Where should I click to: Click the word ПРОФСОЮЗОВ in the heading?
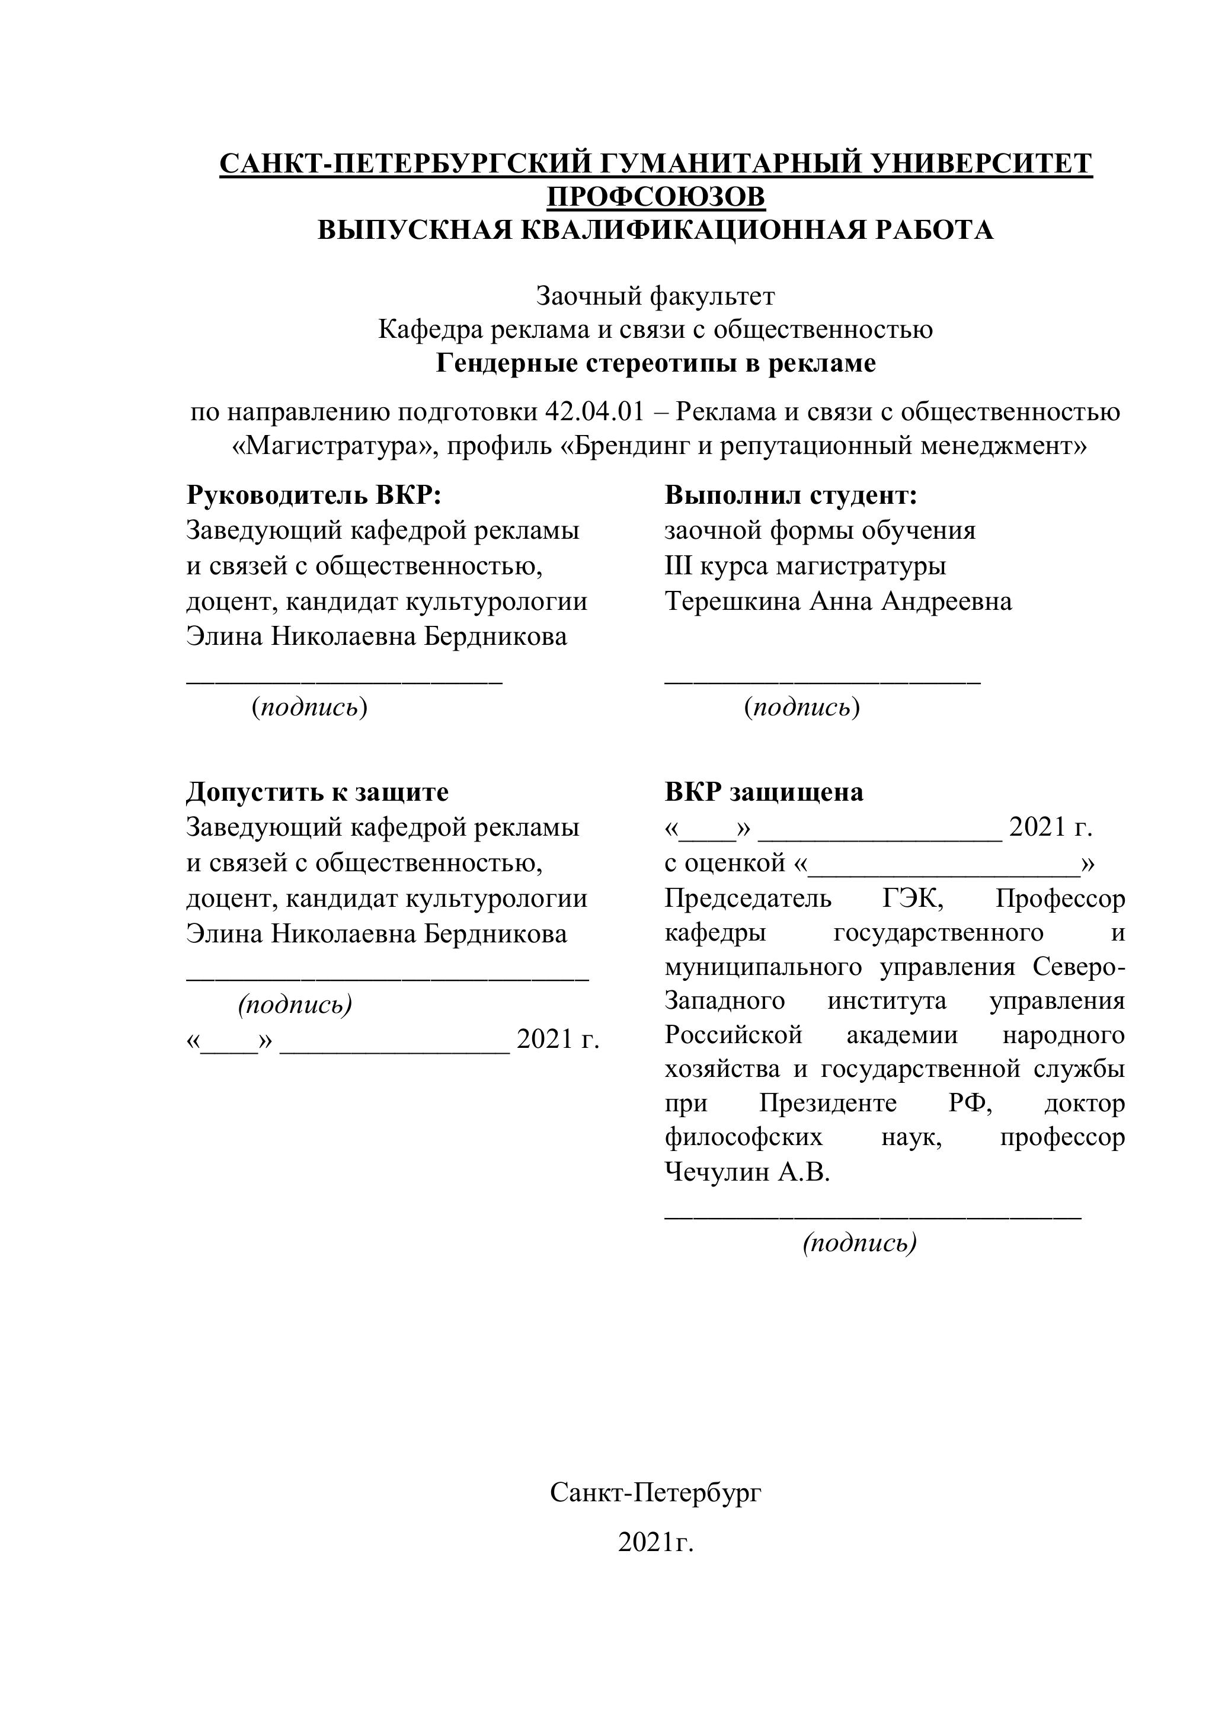click(655, 197)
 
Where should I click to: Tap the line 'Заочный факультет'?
click(655, 296)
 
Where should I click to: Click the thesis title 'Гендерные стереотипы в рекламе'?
click(655, 364)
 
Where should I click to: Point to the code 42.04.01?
click(595, 412)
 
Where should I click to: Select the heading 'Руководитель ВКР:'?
click(314, 496)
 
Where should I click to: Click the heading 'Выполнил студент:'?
click(790, 496)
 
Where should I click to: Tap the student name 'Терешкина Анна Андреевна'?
click(838, 602)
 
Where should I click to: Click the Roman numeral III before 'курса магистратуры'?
click(678, 566)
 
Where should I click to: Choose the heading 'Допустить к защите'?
click(317, 792)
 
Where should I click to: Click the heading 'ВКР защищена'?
click(764, 792)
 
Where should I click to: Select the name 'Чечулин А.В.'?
click(747, 1173)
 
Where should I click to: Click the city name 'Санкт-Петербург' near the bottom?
click(655, 1492)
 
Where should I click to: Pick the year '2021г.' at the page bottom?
click(655, 1543)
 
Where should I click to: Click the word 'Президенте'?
click(828, 1104)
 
